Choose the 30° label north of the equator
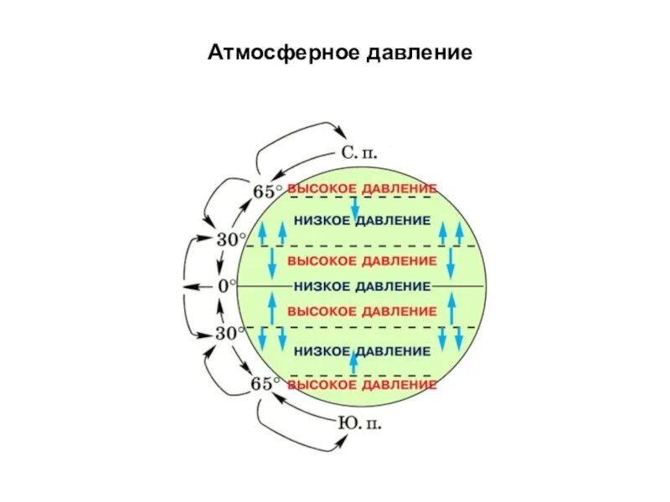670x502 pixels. point(231,239)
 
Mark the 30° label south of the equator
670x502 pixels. point(231,333)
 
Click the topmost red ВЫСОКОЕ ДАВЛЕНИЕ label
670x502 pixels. point(362,189)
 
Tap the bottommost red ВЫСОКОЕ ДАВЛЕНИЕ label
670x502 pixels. point(362,386)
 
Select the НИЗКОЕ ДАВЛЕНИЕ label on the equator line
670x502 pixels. point(362,286)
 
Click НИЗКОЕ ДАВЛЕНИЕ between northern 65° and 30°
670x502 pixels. point(362,220)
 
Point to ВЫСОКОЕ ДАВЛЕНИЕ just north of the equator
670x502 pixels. point(362,260)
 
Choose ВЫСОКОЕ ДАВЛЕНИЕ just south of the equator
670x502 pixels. point(362,311)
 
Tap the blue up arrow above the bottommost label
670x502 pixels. point(353,362)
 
